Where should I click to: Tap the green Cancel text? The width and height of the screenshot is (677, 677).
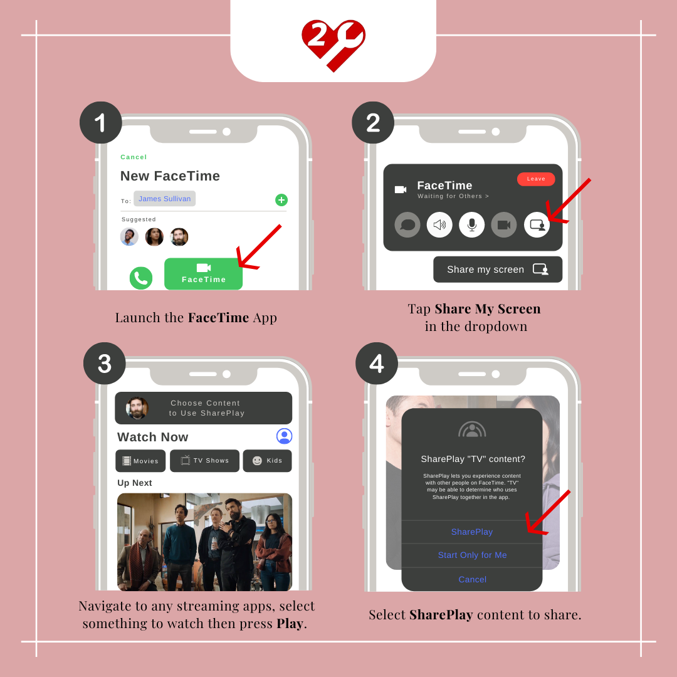coord(134,157)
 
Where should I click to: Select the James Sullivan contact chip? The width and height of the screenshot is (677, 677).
coord(164,199)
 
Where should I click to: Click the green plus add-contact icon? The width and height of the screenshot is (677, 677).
coord(281,200)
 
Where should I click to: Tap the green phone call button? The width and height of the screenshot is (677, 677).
coord(141,278)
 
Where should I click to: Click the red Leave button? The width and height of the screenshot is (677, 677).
coord(536,179)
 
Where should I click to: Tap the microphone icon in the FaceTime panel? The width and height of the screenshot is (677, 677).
coord(472,224)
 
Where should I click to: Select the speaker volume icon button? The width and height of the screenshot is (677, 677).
coord(439,224)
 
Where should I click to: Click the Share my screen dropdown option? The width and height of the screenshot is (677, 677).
coord(498,270)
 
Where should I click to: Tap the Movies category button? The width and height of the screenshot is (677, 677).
coord(141,461)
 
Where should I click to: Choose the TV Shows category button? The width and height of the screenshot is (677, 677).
coord(204,461)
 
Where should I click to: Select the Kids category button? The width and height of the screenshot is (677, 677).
coord(267,461)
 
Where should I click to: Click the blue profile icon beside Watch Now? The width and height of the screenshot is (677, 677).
coord(284,436)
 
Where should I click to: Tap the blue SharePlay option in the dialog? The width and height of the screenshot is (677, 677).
coord(472,532)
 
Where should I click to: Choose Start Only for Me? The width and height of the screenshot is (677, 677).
coord(473,555)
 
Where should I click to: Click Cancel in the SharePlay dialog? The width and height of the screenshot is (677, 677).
coord(473,579)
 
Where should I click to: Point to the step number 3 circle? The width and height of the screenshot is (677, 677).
coord(105,363)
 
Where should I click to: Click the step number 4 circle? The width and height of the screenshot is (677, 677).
coord(377,363)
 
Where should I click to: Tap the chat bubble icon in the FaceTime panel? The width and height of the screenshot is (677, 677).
coord(407,224)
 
